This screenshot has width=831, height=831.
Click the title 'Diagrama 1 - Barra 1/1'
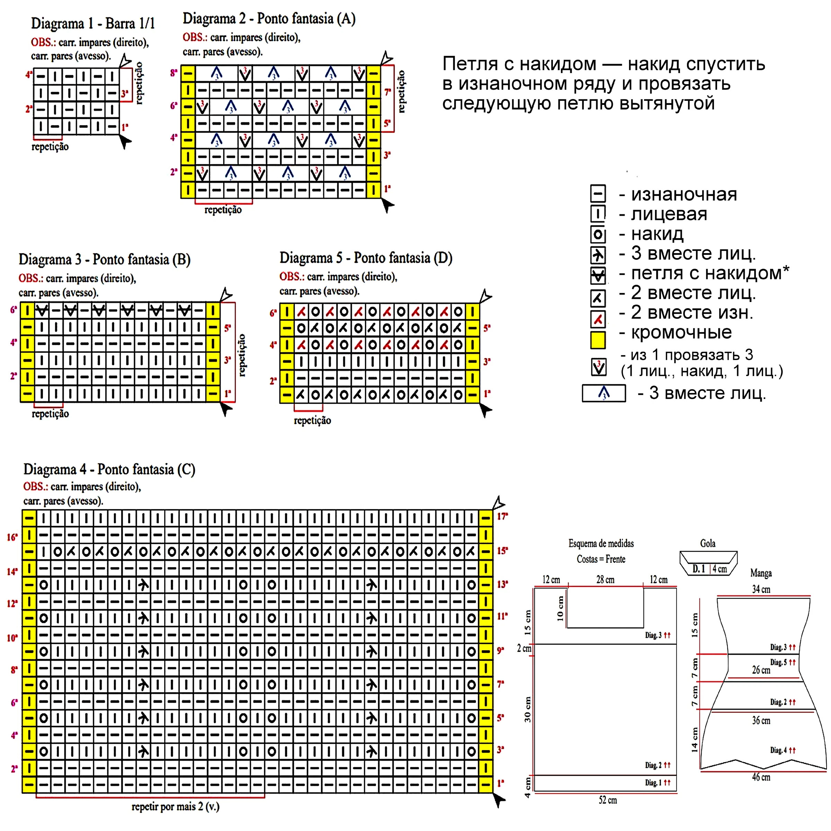tap(93, 23)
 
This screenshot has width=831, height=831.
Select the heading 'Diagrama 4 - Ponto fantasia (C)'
tap(109, 469)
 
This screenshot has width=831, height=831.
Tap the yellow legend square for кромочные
tap(598, 340)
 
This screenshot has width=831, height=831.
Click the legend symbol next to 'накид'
tap(598, 235)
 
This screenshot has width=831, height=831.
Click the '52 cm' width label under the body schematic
tap(608, 800)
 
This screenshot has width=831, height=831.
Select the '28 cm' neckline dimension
tap(605, 579)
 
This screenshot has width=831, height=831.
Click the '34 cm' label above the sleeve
tap(761, 589)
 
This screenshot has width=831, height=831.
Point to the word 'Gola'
tap(708, 543)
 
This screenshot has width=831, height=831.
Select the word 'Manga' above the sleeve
tap(761, 573)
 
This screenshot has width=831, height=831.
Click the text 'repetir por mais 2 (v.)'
tap(176, 806)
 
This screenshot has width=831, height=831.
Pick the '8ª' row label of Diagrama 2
tap(174, 73)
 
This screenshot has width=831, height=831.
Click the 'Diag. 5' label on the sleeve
tap(778, 662)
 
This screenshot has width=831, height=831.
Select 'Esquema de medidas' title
tap(601, 543)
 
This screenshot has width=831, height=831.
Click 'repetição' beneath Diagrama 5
tap(312, 420)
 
